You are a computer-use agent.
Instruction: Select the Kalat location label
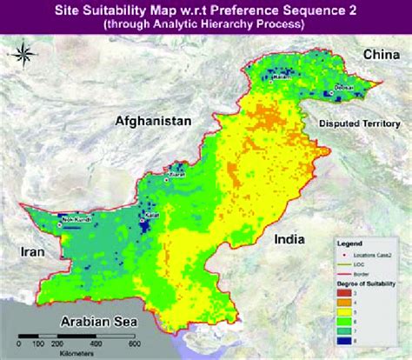click(151, 210)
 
